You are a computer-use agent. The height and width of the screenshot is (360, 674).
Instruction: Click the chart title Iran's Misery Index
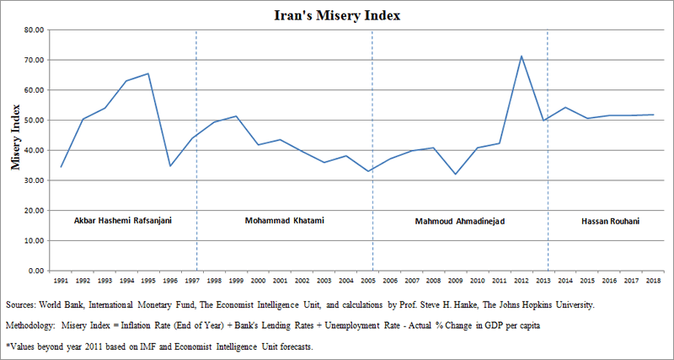coord(337,14)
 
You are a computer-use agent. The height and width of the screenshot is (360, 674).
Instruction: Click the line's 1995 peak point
coord(148,73)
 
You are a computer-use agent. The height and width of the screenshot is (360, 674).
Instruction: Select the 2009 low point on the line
coord(454,175)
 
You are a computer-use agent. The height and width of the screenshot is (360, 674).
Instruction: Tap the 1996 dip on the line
coord(170,166)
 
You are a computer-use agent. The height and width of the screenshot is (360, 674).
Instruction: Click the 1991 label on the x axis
coord(62,280)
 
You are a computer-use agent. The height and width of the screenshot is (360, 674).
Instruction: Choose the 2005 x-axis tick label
coord(366,280)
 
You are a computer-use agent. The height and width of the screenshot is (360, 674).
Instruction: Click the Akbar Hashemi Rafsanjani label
coord(125,221)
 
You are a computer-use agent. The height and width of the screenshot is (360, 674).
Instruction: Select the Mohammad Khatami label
coord(284,221)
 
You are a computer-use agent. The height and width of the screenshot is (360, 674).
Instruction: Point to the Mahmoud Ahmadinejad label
coord(455,222)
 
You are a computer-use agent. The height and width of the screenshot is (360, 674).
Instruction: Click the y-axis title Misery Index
coord(15,136)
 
